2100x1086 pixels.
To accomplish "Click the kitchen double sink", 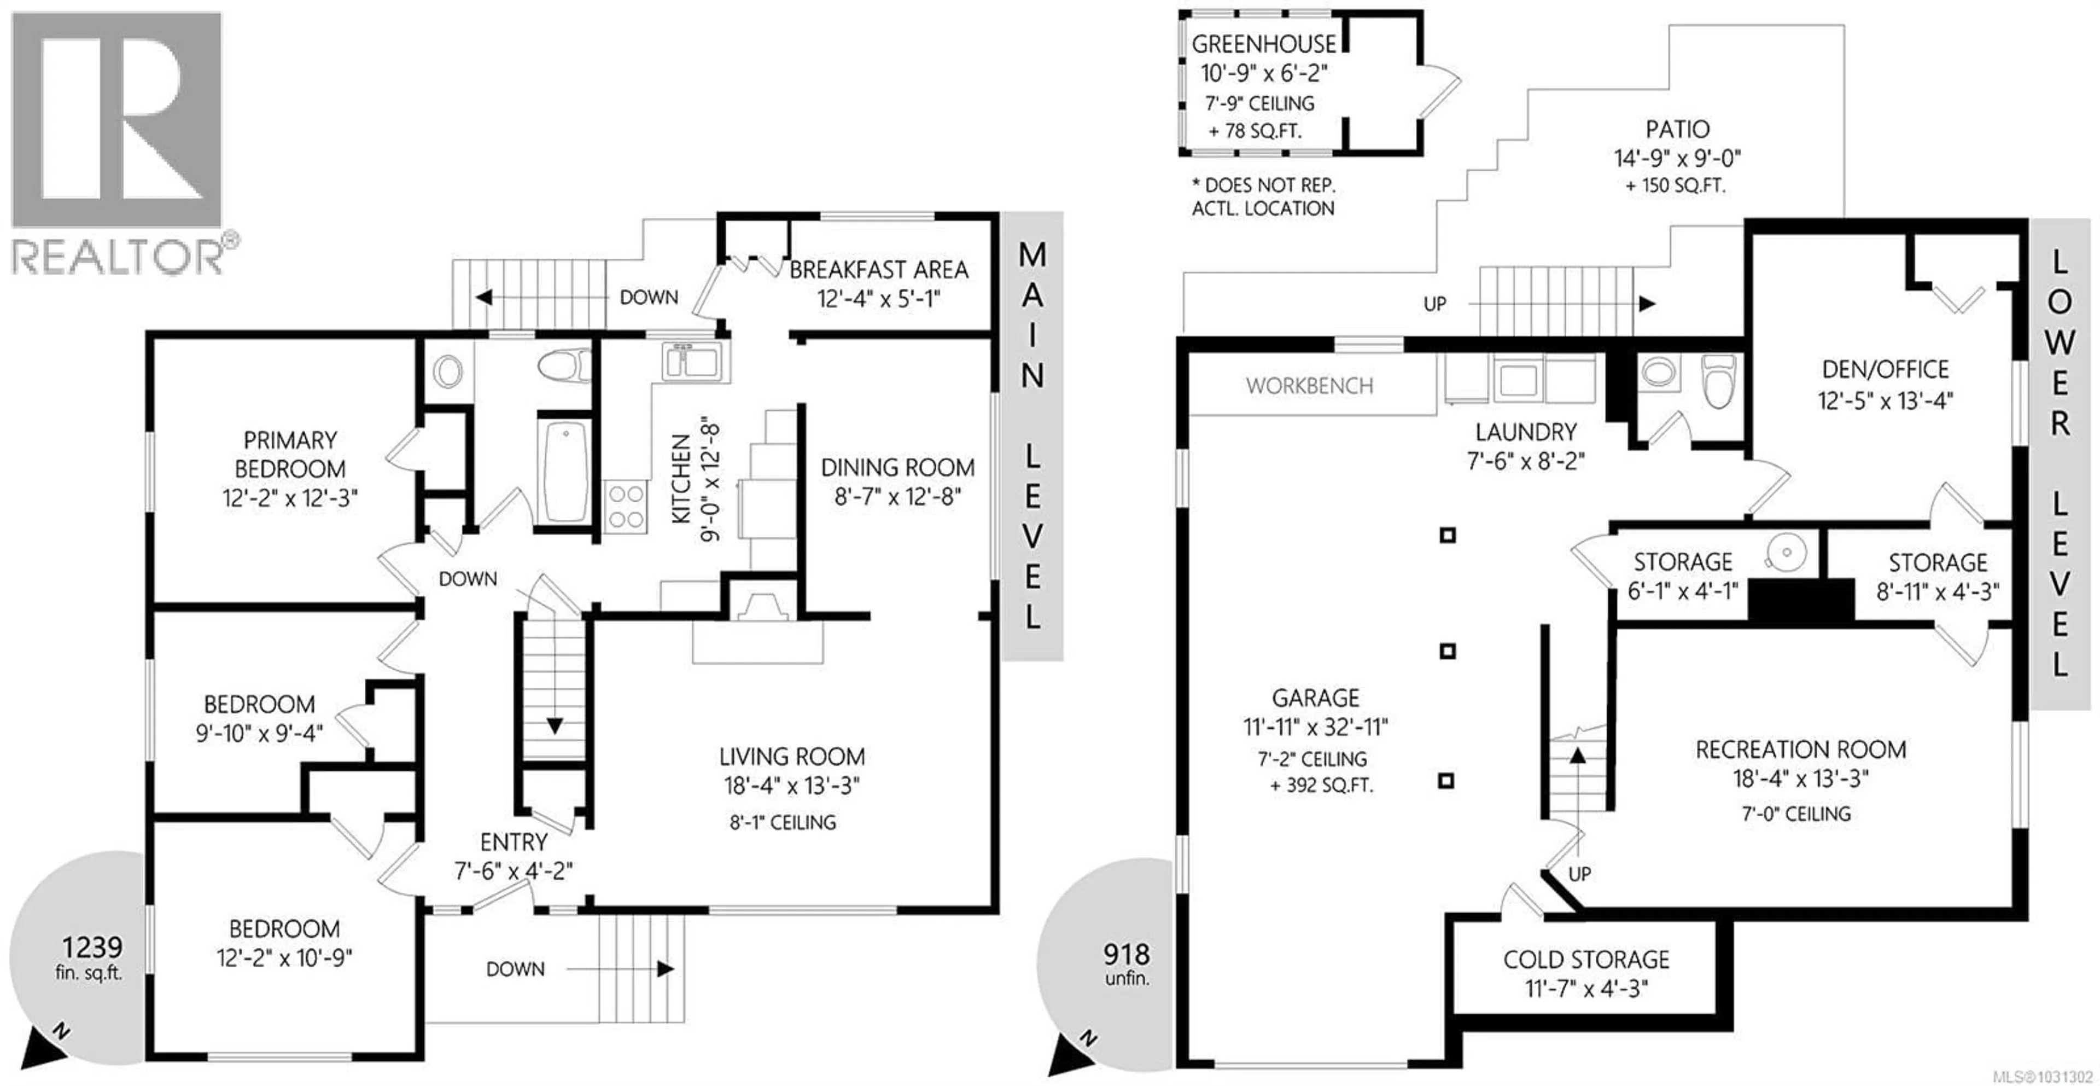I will (x=691, y=361).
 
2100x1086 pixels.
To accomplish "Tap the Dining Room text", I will (x=897, y=468).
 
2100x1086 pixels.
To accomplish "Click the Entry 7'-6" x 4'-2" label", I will (x=513, y=856).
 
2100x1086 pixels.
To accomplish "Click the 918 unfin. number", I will (x=1126, y=954).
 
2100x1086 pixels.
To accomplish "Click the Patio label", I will (x=1677, y=129).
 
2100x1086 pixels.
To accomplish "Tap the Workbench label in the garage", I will (x=1309, y=386).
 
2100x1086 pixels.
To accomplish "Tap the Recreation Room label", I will (x=1800, y=750).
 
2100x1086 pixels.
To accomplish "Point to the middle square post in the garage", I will (x=1447, y=651).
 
